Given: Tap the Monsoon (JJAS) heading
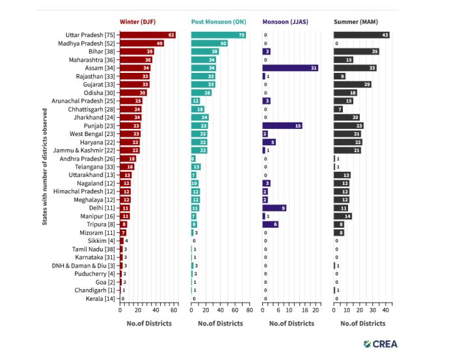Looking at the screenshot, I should tap(286, 21).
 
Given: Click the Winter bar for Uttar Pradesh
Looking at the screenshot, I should tap(148, 35).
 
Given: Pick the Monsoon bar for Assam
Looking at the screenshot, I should tap(290, 68).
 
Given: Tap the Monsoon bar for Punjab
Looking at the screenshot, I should tap(282, 126).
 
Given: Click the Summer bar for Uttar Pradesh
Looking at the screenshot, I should tap(362, 35).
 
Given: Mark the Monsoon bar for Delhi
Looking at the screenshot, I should tap(274, 208).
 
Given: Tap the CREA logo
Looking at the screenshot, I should tap(381, 344).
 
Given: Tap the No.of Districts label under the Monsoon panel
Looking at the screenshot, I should tap(292, 323).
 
